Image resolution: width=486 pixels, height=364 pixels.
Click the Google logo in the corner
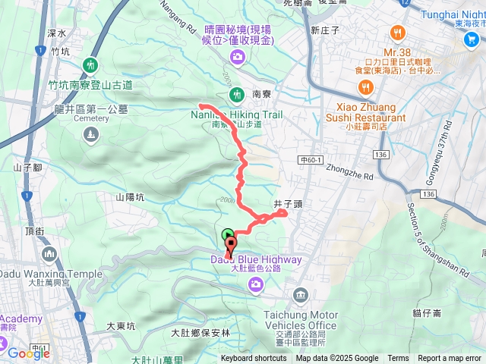pyautogui.click(x=29, y=353)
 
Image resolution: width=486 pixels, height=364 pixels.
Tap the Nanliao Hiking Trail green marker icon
pyautogui.click(x=235, y=94)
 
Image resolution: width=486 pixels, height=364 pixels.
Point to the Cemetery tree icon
pyautogui.click(x=91, y=135)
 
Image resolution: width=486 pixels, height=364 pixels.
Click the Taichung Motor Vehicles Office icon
pyautogui.click(x=301, y=294)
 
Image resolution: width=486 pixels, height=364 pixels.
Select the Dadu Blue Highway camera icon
pyautogui.click(x=255, y=284)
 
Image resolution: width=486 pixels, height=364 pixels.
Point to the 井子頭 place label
pyautogui.click(x=289, y=204)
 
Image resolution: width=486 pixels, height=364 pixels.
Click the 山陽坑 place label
pyautogui.click(x=130, y=197)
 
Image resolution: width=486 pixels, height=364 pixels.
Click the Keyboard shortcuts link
pyautogui.click(x=254, y=359)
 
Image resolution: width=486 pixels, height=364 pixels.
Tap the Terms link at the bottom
pyautogui.click(x=398, y=359)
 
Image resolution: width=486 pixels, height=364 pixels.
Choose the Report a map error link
pyautogui.click(x=450, y=359)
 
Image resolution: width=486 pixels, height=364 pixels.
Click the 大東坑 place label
pyautogui.click(x=120, y=326)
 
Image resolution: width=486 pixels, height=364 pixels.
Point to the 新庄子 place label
pyautogui.click(x=325, y=30)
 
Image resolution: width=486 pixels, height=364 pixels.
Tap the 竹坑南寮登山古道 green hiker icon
pyautogui.click(x=91, y=64)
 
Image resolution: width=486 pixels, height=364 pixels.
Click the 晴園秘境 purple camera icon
pyautogui.click(x=238, y=56)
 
